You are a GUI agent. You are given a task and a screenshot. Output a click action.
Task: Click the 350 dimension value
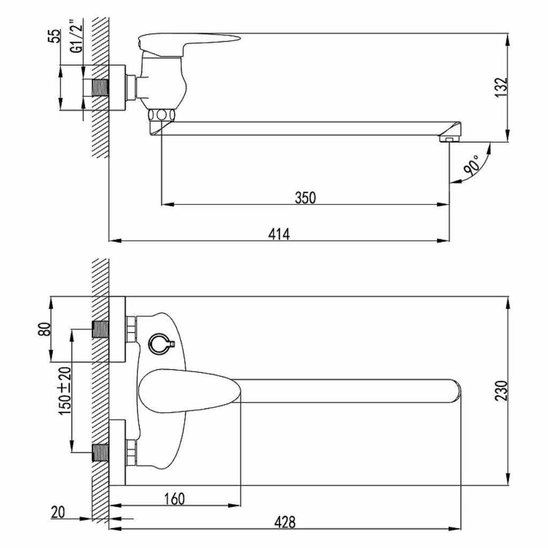coord(305,197)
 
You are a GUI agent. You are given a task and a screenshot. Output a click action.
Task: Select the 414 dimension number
coord(279,234)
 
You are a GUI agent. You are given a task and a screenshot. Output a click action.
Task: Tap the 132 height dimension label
coord(501,87)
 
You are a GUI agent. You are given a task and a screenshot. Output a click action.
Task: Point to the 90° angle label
coord(472,165)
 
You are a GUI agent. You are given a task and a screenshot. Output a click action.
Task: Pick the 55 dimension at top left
coord(54,36)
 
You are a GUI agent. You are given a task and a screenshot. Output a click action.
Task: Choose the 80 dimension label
coord(44,329)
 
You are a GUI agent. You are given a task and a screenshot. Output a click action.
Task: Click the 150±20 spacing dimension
coord(65,390)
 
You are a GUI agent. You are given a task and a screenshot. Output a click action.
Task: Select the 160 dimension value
coord(174,499)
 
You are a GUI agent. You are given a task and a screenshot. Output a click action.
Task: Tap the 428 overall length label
coord(285,522)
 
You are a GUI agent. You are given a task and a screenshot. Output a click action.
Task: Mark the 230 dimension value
coord(501,391)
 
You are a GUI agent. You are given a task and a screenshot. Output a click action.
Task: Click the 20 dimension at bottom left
coord(58,512)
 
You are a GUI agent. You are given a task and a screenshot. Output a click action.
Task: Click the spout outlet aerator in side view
coord(449,140)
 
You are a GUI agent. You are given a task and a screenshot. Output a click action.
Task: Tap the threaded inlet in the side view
coord(100,87)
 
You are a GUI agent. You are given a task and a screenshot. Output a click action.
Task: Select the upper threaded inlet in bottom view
coord(100,329)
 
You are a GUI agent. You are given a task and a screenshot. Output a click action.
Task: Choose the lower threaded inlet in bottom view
coord(100,453)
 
